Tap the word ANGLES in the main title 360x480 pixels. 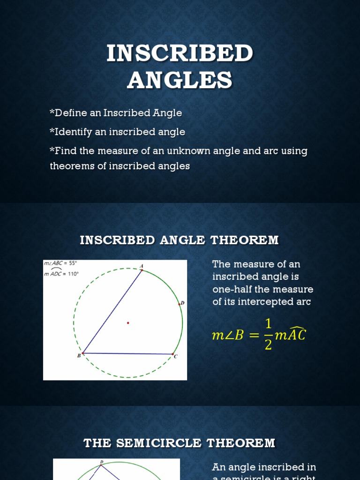(180, 80)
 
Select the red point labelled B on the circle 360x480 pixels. (83, 353)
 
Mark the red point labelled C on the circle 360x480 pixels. (173, 354)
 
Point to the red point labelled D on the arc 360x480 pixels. (180, 304)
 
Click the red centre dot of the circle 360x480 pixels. (128, 322)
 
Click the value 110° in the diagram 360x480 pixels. (73, 274)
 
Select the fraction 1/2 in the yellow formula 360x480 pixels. (268, 335)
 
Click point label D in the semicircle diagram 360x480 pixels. (101, 462)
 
